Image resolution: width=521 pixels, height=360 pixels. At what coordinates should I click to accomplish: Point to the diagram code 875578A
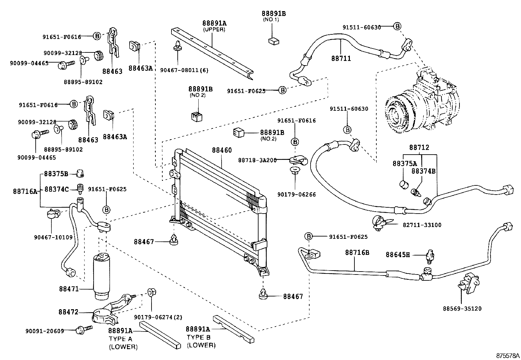[507, 355]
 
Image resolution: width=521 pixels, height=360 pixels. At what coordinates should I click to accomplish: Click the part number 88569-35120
[462, 309]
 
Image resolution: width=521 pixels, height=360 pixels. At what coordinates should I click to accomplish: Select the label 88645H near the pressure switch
[398, 255]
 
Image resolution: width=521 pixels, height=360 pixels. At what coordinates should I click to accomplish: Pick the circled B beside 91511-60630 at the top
[397, 26]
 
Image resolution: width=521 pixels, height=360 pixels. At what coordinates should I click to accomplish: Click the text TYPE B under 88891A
[199, 337]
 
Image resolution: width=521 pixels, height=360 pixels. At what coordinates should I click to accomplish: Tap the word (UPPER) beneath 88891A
[214, 29]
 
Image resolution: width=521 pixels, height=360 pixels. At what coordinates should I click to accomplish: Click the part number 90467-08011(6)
[184, 70]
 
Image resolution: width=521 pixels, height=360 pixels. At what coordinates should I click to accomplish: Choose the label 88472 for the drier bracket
[68, 312]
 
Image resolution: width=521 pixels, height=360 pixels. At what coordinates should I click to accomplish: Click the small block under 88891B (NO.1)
[273, 41]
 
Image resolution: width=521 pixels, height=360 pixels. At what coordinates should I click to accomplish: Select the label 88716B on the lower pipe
[357, 253]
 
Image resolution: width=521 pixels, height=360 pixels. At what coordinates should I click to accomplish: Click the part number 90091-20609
[45, 331]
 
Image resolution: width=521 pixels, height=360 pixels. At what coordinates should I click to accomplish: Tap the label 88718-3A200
[257, 160]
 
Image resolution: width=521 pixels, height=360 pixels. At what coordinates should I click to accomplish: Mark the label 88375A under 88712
[405, 163]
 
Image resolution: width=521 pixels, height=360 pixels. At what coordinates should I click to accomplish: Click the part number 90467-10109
[53, 237]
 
